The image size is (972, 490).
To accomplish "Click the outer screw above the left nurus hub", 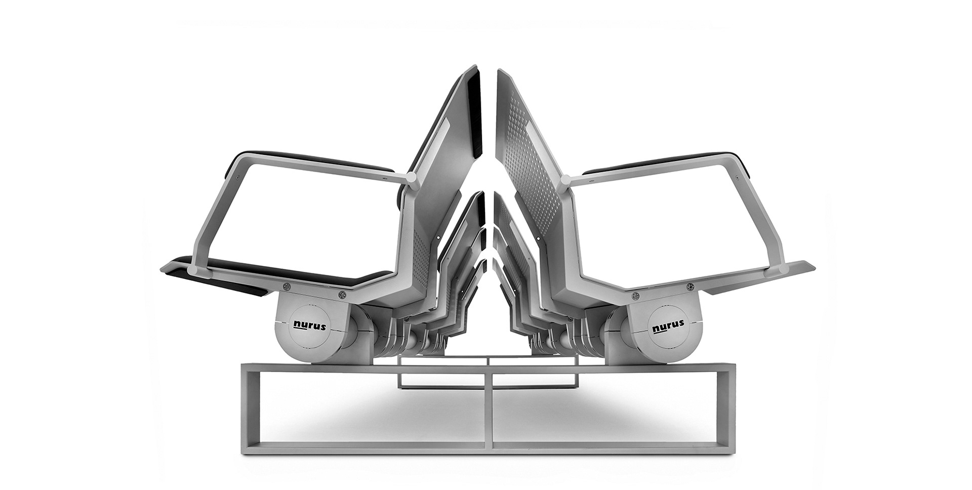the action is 287,285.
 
